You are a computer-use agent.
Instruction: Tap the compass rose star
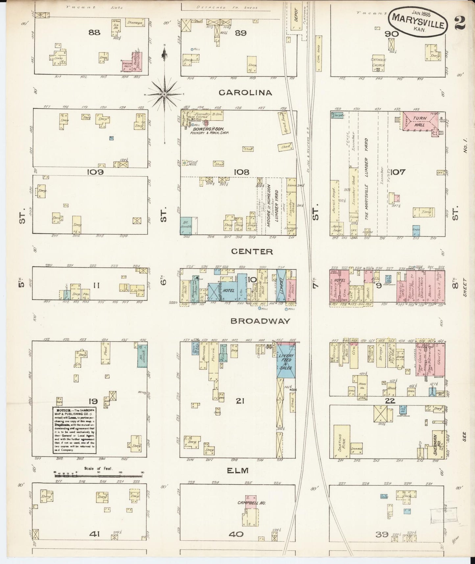coord(164,94)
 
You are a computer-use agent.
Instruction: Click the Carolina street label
coord(246,93)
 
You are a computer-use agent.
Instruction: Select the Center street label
coord(252,252)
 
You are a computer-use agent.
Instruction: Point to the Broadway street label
coord(260,321)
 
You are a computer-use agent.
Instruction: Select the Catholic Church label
coord(378,63)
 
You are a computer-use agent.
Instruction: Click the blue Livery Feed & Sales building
coord(286,361)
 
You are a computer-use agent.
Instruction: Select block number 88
coord(94,32)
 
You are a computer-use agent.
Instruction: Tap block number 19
coord(93,401)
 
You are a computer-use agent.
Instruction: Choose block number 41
coord(94,534)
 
